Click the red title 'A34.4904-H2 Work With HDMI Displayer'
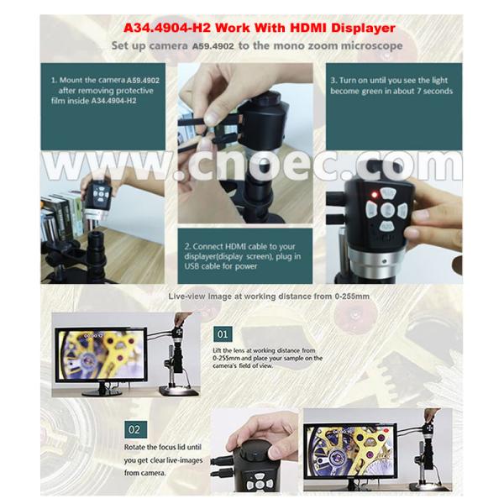(x=253, y=27)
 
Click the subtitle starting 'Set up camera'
(x=252, y=45)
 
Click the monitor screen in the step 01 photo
(x=99, y=354)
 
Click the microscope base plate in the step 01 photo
(x=178, y=390)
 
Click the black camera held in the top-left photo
(x=100, y=197)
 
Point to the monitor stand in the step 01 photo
(x=98, y=387)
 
